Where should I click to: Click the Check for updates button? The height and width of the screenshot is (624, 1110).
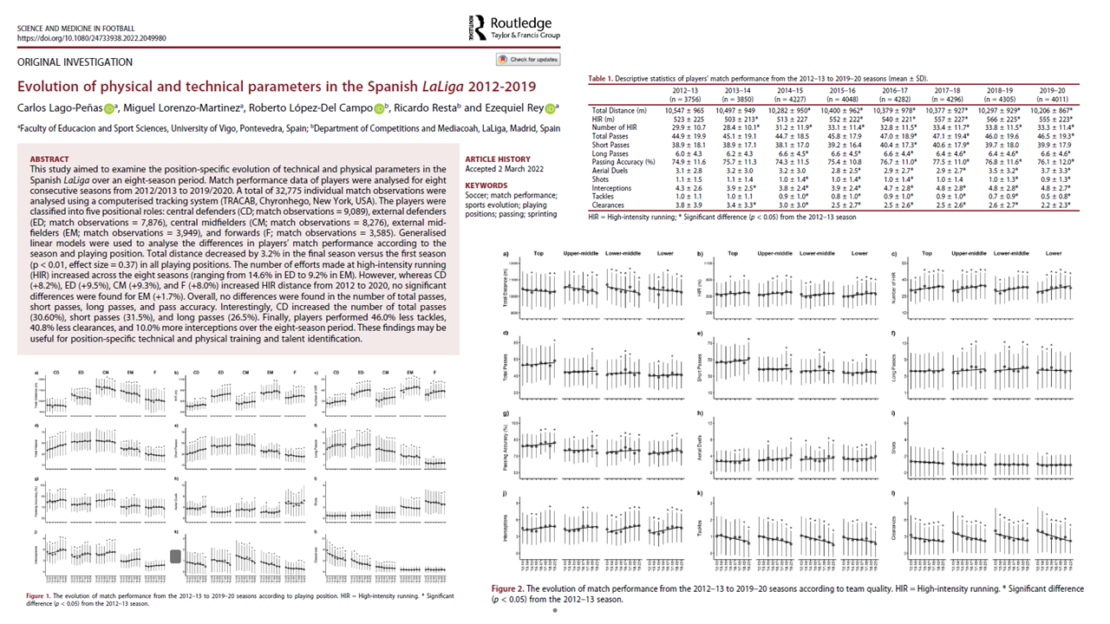pos(528,60)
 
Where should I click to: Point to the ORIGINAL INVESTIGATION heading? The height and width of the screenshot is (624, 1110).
pos(75,62)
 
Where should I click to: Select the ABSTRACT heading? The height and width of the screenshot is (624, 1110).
pos(50,159)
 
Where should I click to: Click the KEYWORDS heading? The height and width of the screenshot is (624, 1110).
pos(486,185)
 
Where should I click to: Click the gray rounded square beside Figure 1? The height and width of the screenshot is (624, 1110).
pos(176,556)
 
